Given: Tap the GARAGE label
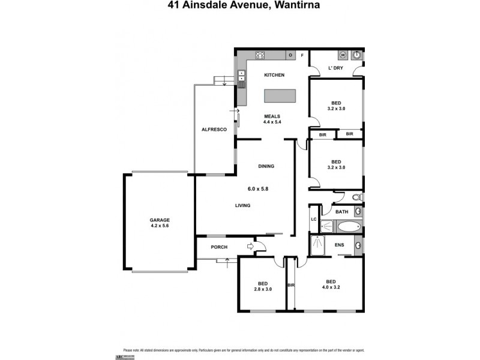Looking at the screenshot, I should pos(160,220).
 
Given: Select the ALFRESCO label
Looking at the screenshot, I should pos(214,130).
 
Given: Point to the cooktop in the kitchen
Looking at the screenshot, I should pos(261,56).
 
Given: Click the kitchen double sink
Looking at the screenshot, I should pos(241,76).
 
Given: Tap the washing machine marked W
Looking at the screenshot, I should pos(343,55).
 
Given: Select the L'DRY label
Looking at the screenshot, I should pos(335,68).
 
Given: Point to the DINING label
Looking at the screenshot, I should pos(266,166).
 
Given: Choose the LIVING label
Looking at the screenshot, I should pos(242,206).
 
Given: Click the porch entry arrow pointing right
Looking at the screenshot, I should pos(250,245).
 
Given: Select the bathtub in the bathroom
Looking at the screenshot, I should pos(349,227).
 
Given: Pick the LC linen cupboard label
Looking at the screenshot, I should pos(313,219).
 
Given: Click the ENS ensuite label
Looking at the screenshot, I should pos(339,245).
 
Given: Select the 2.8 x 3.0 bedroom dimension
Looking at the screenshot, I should pos(263,289).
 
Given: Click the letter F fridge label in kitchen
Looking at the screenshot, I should pos(302,56).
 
